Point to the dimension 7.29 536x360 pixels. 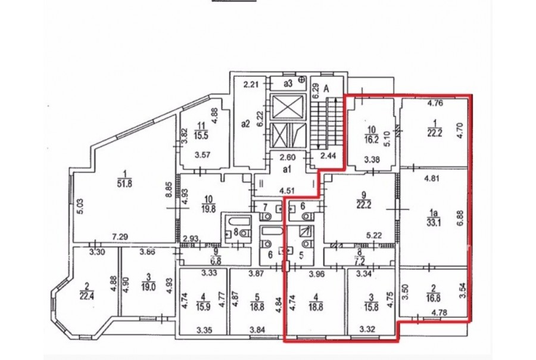[120, 236]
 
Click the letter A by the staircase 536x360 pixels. [326, 89]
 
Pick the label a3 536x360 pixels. [288, 83]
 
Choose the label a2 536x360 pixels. [245, 123]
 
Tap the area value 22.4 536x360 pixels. [87, 296]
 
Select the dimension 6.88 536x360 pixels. [460, 218]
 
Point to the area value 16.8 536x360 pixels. [433, 298]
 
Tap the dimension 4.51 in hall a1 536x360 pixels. [288, 191]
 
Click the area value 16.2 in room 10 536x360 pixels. [372, 138]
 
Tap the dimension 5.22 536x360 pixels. [373, 235]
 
